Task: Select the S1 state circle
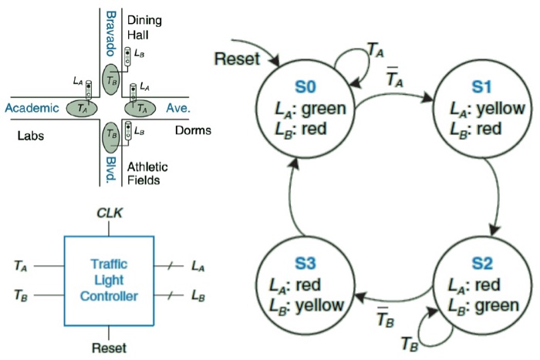tap(482, 109)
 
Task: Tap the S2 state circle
tap(482, 288)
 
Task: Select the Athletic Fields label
tap(143, 173)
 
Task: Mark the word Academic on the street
tap(32, 109)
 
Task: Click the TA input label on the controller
tap(21, 266)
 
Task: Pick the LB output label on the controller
tap(199, 296)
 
